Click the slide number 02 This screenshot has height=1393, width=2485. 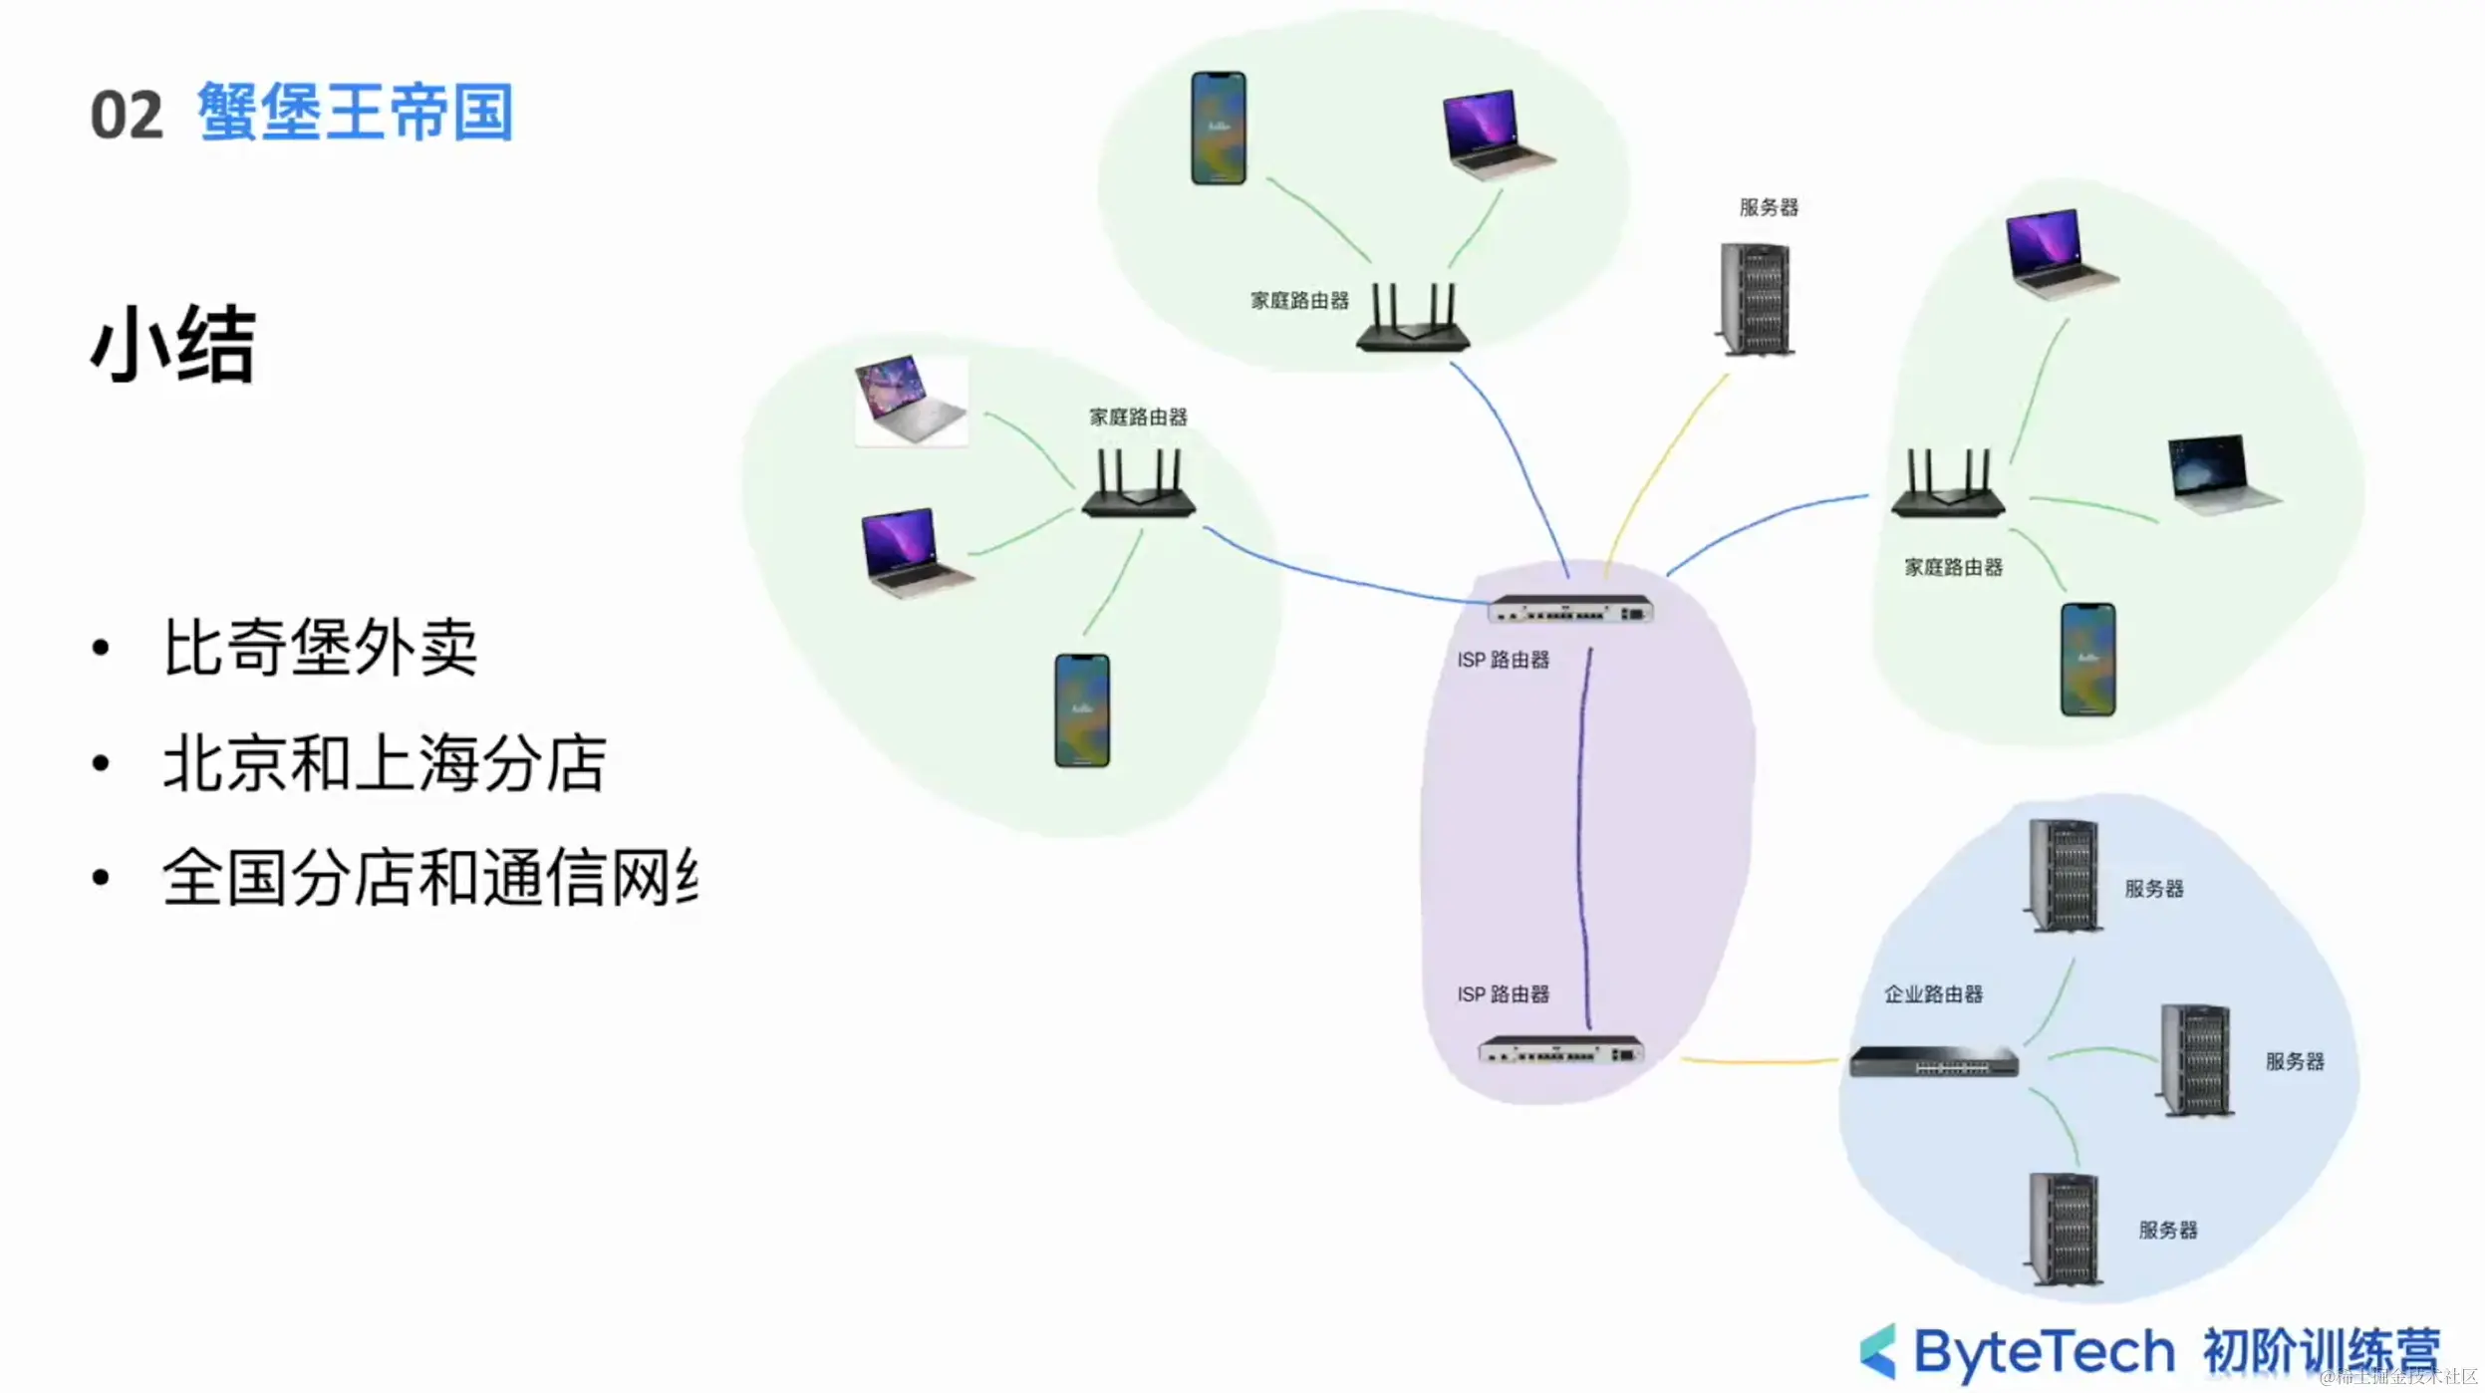pos(126,116)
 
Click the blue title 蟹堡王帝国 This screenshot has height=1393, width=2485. pos(355,112)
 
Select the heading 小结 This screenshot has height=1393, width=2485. pos(173,345)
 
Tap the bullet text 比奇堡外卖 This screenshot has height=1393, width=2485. pos(320,648)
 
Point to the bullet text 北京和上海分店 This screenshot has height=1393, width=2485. pos(385,764)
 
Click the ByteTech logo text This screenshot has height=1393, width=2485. pos(2043,1351)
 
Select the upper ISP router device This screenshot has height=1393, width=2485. pos(1570,609)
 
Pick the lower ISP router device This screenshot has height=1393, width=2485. pos(1560,1050)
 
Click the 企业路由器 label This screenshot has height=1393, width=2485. pos(1933,993)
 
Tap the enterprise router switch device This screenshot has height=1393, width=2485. pos(1933,1062)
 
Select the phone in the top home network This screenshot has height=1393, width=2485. pos(1218,128)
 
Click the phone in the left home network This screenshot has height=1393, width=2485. pos(1081,710)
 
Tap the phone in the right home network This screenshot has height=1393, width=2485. pos(2087,659)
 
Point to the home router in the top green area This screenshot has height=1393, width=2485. pos(1412,319)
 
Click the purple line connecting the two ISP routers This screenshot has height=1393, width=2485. pos(1581,837)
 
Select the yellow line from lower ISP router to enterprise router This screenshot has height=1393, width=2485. pos(1759,1061)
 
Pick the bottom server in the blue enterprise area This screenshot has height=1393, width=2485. pos(2065,1230)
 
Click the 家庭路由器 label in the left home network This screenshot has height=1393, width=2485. pos(1138,417)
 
